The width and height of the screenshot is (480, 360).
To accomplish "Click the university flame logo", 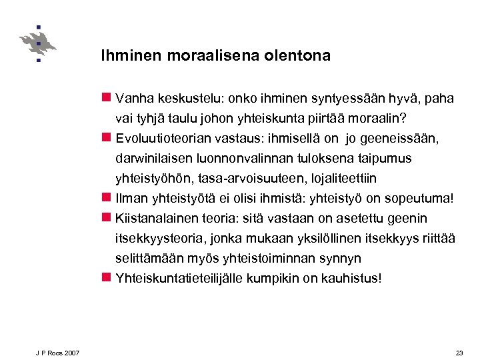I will coord(37,44).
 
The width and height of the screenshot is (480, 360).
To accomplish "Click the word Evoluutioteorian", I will coord(167,139).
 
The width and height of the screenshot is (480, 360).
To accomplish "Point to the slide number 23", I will coord(459,352).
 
